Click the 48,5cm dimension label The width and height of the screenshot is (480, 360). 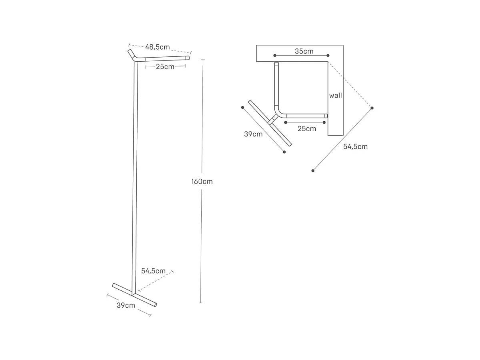[158, 47]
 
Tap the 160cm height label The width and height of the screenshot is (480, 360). [202, 182]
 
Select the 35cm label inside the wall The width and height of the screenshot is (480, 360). [304, 51]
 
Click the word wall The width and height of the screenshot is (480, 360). [336, 95]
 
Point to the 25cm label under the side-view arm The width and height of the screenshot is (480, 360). [165, 67]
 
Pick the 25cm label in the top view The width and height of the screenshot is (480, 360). [307, 129]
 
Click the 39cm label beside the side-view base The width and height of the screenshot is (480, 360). [126, 305]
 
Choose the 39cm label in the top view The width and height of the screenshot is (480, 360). [253, 134]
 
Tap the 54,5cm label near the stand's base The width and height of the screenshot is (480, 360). [153, 271]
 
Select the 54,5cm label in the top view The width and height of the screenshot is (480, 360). [355, 147]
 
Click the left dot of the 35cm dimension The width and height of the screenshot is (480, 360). [275, 56]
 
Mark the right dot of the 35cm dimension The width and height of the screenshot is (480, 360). [328, 56]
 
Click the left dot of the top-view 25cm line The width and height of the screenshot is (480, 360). [286, 122]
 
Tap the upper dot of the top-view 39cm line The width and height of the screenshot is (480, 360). [242, 108]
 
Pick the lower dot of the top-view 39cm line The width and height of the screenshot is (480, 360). [284, 152]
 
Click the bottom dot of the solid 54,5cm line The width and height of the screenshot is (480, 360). [313, 171]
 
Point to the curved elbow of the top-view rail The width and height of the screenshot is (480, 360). [278, 112]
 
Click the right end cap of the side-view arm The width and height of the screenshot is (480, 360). [188, 58]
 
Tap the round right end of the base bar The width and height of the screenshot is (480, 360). [156, 305]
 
